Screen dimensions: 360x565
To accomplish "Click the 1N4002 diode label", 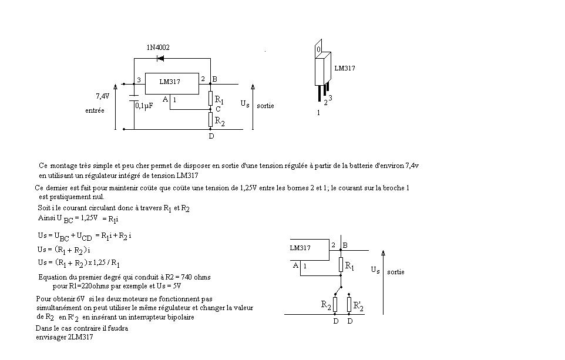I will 158,48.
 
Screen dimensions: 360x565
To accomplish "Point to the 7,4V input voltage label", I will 103,95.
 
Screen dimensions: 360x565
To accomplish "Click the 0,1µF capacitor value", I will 144,106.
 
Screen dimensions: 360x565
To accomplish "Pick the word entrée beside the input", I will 95,110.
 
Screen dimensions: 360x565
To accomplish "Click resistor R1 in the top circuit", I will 210,98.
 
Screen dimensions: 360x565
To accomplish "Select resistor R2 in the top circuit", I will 210,120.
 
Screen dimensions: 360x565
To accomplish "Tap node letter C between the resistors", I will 218,109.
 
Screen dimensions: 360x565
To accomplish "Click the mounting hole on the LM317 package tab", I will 318,50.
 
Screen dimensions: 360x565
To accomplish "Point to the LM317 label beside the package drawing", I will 345,69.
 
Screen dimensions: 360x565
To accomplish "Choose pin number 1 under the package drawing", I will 318,113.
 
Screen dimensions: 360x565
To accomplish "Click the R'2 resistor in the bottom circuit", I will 349,305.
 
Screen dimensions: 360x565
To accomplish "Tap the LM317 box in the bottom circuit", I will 308,250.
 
